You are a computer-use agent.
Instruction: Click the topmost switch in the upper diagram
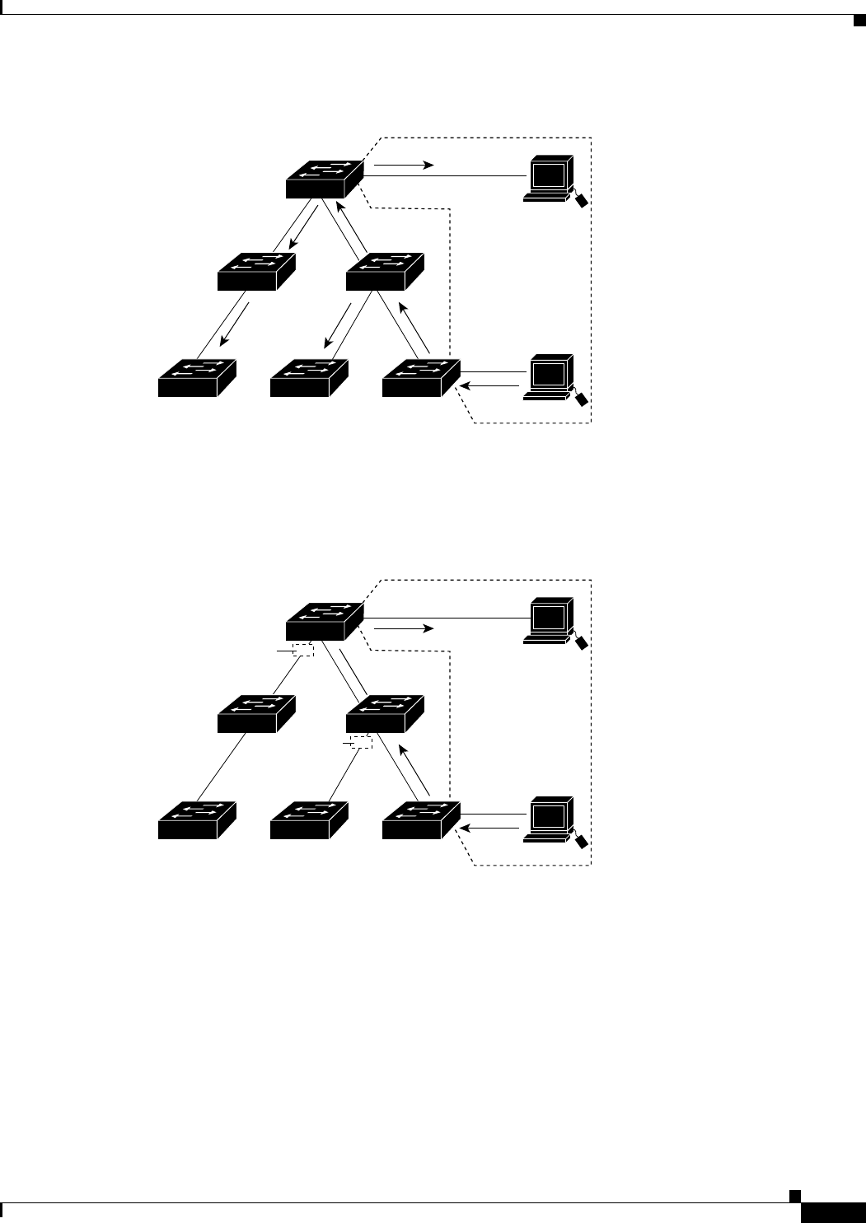[325, 179]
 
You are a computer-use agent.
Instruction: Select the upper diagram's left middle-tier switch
[256, 271]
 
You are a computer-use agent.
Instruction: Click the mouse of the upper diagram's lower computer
[582, 399]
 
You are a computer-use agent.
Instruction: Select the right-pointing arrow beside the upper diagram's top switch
[404, 166]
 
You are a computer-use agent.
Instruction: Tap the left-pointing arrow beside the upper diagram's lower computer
[492, 385]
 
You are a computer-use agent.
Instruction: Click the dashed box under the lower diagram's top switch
[303, 651]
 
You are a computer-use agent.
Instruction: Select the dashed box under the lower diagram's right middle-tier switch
[361, 742]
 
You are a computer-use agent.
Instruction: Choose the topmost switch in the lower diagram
[325, 620]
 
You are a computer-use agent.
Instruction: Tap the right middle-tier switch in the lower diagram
[385, 712]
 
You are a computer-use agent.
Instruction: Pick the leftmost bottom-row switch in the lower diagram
[197, 819]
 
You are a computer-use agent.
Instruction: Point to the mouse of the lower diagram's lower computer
[582, 841]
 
